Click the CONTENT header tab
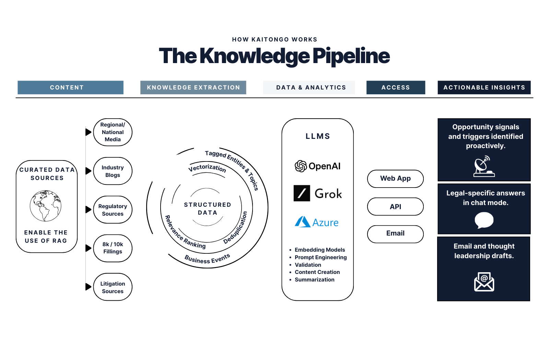point(70,87)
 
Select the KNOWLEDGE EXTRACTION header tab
point(193,87)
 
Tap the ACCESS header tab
point(396,87)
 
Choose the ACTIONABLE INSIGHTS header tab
point(484,87)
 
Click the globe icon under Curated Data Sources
point(46,206)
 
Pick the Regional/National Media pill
point(113,132)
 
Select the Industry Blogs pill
point(113,171)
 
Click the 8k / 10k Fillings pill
point(113,248)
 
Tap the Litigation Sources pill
point(113,287)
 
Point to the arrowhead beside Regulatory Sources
point(88,209)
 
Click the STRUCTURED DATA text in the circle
point(207,208)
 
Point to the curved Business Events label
point(207,259)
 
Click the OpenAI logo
point(318,166)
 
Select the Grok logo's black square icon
point(302,193)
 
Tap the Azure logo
point(317,222)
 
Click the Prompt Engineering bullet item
point(320,257)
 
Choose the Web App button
point(395,179)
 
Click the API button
point(395,207)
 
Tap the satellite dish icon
point(483,166)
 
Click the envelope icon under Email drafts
point(484,282)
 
